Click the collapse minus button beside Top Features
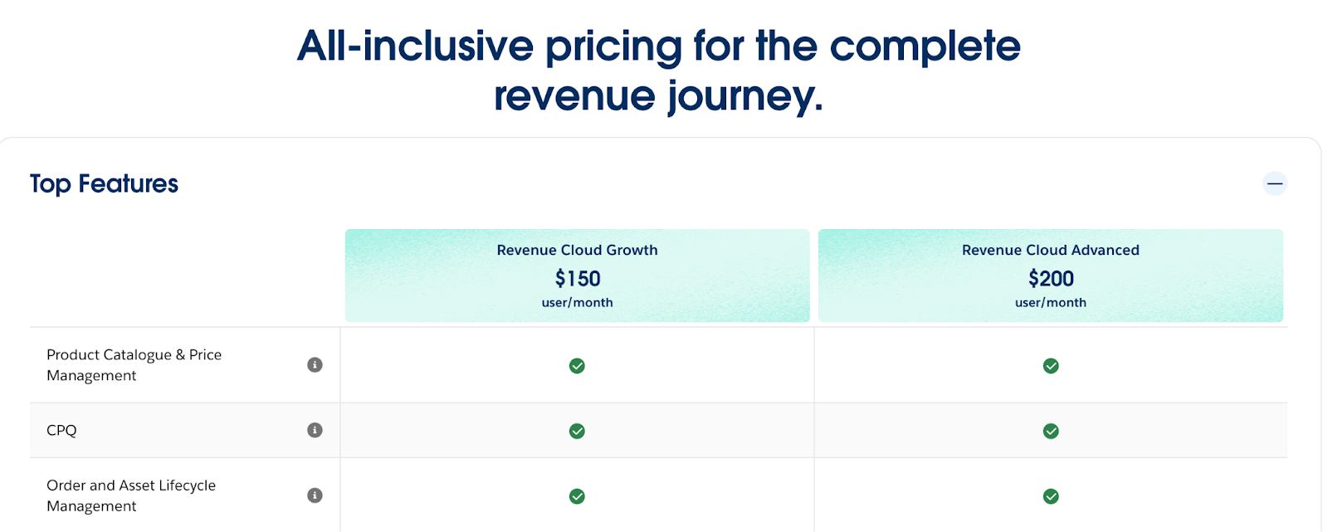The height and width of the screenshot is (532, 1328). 1275,183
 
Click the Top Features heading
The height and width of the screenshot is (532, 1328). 105,183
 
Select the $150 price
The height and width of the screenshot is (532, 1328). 578,278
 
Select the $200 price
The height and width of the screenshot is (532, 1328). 1051,278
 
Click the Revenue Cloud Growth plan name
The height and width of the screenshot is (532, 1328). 577,250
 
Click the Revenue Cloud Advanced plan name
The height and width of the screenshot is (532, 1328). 1050,250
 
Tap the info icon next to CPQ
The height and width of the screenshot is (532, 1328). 315,430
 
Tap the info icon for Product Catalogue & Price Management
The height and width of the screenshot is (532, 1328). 315,364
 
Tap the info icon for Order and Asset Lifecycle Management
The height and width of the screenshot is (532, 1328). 315,495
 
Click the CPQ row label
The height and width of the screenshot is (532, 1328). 61,430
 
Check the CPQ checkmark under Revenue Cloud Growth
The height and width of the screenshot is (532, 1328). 577,431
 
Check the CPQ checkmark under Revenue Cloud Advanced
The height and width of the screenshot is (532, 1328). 1051,431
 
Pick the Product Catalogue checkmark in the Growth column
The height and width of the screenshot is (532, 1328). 577,366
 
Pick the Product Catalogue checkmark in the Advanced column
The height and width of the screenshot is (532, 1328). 1051,366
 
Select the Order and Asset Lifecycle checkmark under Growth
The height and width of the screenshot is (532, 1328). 577,496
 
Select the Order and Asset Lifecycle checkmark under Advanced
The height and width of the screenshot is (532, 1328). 1051,496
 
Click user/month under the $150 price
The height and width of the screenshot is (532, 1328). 577,303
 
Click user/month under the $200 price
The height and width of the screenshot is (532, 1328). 1050,303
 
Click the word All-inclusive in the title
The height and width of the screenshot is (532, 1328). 415,46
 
